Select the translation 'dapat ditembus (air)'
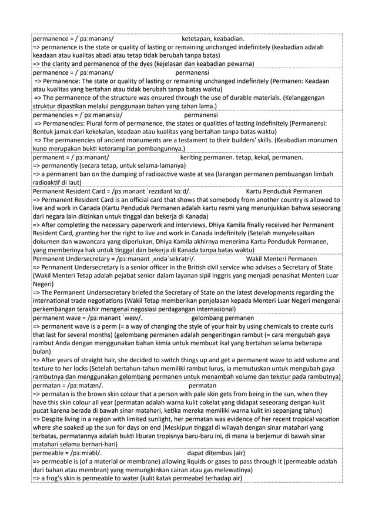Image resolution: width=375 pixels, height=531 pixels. pyautogui.click(x=216, y=453)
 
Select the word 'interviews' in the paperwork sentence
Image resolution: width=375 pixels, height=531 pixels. pyautogui.click(x=185, y=225)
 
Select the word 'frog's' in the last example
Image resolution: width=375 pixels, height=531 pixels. pyautogui.click(x=55, y=479)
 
